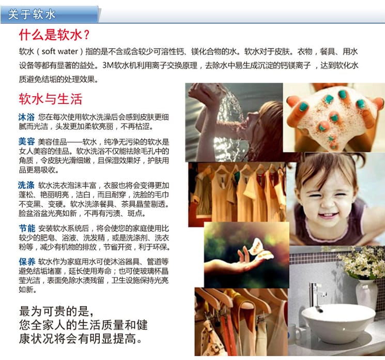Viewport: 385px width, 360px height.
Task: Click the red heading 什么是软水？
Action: click(x=54, y=35)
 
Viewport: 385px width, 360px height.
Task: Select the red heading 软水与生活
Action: click(x=50, y=99)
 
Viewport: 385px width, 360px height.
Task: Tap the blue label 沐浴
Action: click(x=26, y=117)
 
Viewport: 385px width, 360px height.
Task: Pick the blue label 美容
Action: click(x=26, y=142)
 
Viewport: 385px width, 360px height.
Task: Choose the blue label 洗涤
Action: click(x=26, y=185)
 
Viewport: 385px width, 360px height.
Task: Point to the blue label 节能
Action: click(x=27, y=228)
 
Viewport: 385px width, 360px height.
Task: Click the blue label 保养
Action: click(x=27, y=261)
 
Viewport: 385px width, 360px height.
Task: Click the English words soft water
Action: click(x=59, y=51)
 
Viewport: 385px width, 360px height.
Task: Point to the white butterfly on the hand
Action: click(x=261, y=250)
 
